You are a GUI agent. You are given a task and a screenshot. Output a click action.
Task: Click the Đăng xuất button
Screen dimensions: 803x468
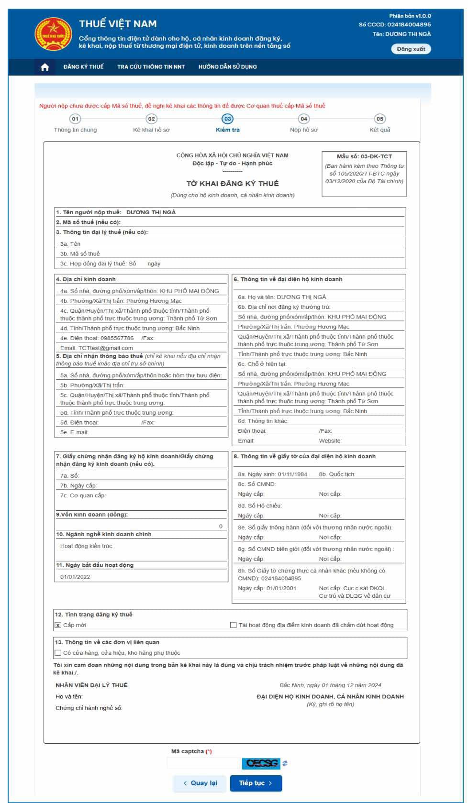(x=411, y=49)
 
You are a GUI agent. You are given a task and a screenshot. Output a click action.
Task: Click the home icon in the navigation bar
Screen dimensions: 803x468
(x=45, y=67)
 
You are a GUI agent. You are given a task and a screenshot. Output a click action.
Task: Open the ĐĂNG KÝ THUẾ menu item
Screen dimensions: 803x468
(x=83, y=67)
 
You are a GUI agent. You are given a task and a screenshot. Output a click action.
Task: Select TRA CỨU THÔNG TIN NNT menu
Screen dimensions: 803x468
(x=151, y=67)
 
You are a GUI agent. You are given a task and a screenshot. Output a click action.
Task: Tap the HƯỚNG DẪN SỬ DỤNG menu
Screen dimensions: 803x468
(x=228, y=67)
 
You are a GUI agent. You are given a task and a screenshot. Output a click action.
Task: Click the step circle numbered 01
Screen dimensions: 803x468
(x=75, y=119)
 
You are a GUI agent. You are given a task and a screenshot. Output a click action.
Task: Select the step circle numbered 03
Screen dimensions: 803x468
(x=227, y=119)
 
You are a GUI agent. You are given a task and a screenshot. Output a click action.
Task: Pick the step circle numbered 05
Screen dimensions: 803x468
(x=379, y=119)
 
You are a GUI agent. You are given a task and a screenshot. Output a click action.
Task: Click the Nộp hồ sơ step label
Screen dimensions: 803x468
(x=303, y=130)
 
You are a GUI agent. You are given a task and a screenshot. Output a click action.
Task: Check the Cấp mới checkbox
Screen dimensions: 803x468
(x=58, y=625)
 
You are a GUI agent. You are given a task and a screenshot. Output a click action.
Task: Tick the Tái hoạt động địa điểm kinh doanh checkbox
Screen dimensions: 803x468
(x=234, y=625)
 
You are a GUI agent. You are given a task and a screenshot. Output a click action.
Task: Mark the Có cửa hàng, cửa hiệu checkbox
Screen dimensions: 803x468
(x=58, y=653)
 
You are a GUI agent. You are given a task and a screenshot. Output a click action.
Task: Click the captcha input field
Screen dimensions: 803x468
(x=204, y=763)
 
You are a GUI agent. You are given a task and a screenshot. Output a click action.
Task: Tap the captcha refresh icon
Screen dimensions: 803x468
(x=285, y=763)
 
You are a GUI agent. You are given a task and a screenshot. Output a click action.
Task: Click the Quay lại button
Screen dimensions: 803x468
(x=200, y=783)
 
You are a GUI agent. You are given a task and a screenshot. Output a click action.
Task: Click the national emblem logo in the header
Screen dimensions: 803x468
(x=53, y=35)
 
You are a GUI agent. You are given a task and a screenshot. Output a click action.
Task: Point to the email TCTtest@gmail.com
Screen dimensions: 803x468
(x=106, y=348)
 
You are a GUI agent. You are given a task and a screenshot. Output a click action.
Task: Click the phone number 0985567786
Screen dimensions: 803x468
(x=117, y=338)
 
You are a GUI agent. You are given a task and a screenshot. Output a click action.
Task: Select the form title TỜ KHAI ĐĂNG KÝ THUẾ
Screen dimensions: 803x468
(x=233, y=184)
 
